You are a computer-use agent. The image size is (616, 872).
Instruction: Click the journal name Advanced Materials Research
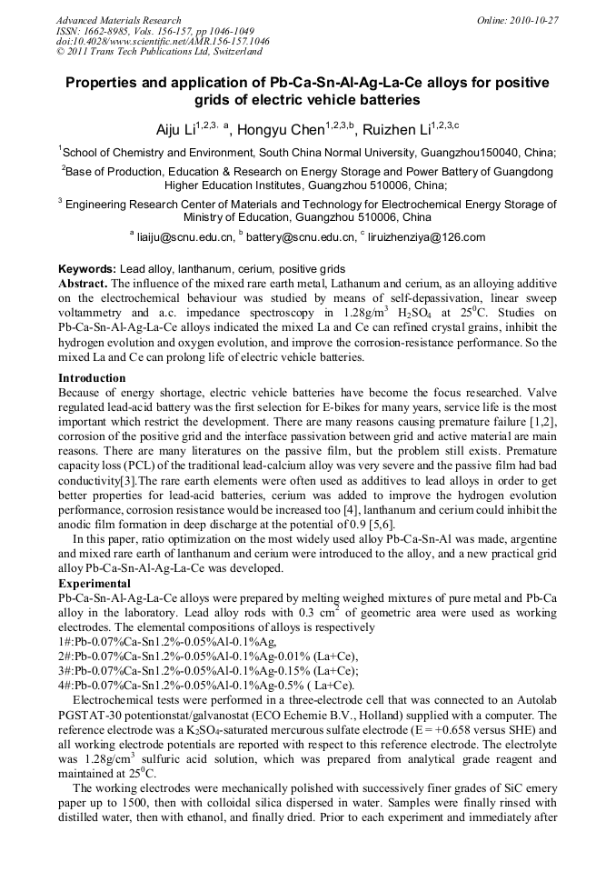click(118, 20)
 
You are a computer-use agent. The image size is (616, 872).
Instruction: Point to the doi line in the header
click(163, 41)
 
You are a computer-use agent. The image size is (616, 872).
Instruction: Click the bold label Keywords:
click(87, 270)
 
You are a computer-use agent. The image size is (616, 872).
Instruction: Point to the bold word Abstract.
click(84, 284)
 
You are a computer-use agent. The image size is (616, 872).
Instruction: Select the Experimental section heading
click(94, 583)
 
